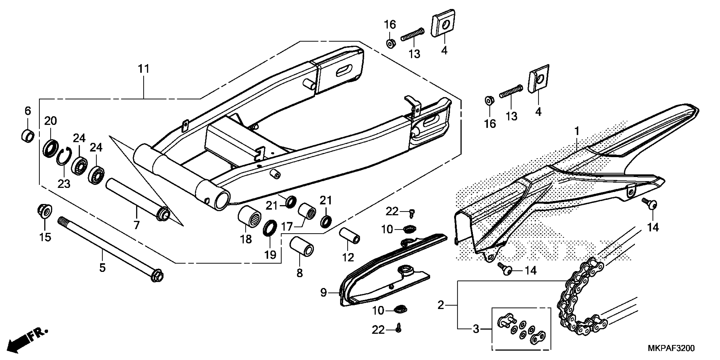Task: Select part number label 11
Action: tap(144, 69)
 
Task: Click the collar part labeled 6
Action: tap(28, 136)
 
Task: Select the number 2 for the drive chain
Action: tap(441, 305)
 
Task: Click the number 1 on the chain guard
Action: tap(577, 131)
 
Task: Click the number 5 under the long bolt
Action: tap(102, 267)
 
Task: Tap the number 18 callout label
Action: tap(246, 239)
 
